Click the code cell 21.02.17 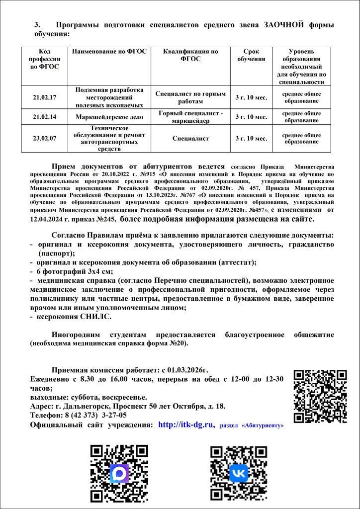pyautogui.click(x=44, y=97)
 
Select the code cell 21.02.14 pyautogui.click(x=44, y=117)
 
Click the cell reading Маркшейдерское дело pyautogui.click(x=109, y=117)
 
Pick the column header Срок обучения pyautogui.click(x=251, y=55)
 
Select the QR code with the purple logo pyautogui.click(x=119, y=473)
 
